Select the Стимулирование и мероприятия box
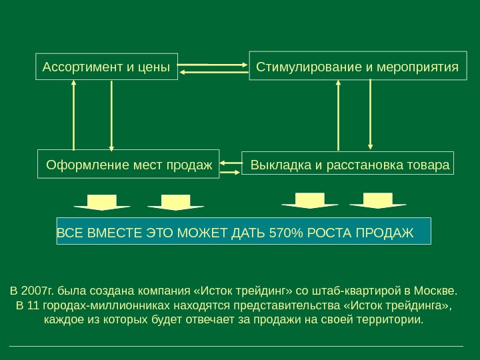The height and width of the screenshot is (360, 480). coord(358,66)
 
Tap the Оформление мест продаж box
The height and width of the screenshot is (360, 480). coord(128,163)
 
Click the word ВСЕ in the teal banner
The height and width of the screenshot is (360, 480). coord(67,233)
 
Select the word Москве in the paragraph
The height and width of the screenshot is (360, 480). coord(438,291)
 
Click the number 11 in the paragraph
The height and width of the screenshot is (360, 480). coord(33,306)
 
